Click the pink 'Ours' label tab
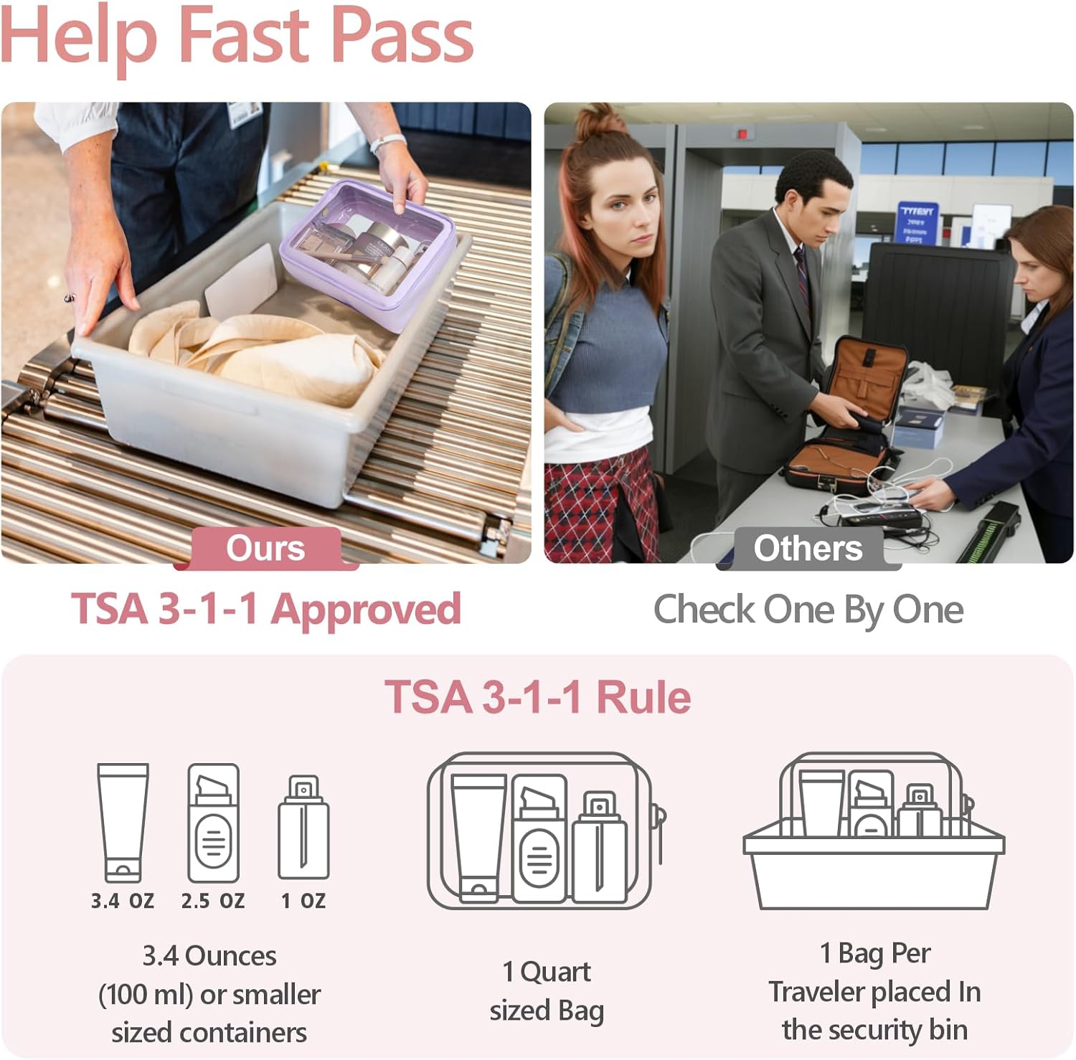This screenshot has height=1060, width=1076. [x=265, y=549]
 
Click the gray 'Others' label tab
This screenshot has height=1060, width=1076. [x=808, y=549]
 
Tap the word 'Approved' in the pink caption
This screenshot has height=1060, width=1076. [x=366, y=610]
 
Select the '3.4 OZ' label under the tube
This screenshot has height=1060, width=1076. [x=123, y=901]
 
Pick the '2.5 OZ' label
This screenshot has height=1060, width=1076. [x=213, y=901]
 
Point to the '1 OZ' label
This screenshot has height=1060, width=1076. [x=303, y=901]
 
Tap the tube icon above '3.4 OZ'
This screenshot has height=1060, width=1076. [x=123, y=822]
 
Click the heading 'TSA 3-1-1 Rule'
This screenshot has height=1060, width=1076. [x=537, y=697]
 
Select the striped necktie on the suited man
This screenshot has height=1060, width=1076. [x=803, y=276]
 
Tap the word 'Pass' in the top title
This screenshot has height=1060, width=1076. [x=402, y=36]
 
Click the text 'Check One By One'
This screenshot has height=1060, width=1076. [x=808, y=610]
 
